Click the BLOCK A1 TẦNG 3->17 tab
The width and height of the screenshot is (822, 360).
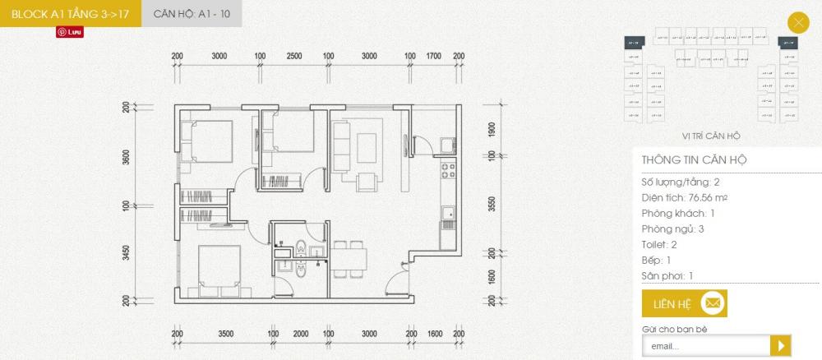tap(71, 14)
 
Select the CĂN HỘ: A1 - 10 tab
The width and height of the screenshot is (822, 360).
tap(192, 14)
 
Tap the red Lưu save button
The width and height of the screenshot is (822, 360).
tap(72, 31)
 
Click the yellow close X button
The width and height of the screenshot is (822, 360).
tap(798, 23)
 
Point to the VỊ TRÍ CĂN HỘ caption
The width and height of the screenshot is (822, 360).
tap(711, 136)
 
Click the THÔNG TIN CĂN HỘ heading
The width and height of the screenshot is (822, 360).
tap(695, 160)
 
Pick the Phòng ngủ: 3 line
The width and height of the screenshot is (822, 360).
tap(672, 229)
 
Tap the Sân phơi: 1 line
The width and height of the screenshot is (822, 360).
tap(669, 276)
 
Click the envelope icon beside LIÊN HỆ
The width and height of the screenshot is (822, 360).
tap(713, 304)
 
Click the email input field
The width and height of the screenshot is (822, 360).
tap(705, 346)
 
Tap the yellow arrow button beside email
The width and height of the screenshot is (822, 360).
tap(781, 346)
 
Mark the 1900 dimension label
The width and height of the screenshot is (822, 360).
tap(490, 132)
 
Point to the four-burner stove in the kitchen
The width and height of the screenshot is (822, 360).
tap(449, 171)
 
